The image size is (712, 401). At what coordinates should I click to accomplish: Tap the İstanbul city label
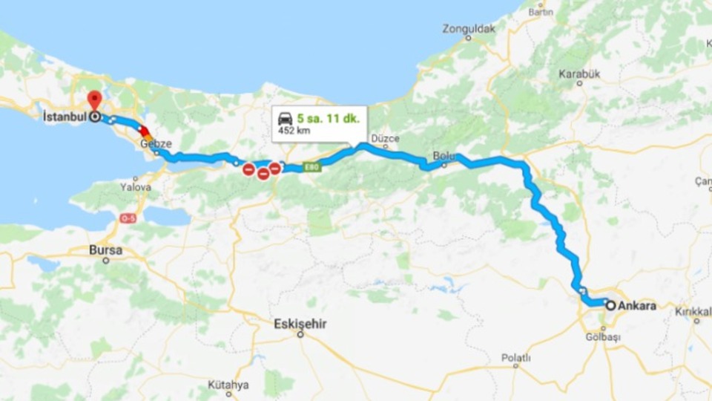63,117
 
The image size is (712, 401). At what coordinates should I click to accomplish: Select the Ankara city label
637,305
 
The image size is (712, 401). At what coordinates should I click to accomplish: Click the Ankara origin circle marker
610,305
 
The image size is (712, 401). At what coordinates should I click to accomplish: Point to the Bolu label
443,155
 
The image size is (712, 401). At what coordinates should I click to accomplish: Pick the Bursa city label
105,250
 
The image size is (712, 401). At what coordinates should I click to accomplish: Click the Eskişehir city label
300,324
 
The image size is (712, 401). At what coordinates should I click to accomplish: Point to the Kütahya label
228,385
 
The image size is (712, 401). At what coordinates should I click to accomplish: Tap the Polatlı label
515,357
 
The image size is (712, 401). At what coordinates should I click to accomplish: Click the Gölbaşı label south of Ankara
602,336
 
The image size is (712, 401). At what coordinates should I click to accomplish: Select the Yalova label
135,187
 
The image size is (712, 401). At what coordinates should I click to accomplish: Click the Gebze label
156,143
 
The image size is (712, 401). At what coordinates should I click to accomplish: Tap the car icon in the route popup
285,118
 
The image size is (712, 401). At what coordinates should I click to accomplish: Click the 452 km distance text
293,131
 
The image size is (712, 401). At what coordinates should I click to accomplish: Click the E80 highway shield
312,167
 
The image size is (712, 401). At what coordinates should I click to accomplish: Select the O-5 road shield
128,218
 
